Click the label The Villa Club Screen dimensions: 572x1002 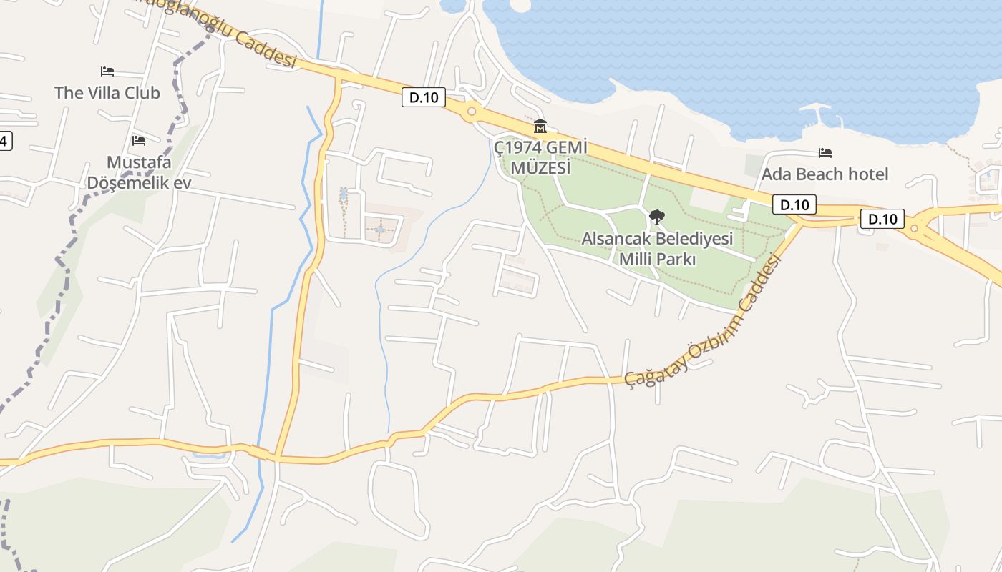(x=107, y=92)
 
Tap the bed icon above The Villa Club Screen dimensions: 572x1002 (x=107, y=71)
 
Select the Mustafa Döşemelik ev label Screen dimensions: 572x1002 (x=139, y=172)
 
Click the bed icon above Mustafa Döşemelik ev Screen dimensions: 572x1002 (x=139, y=140)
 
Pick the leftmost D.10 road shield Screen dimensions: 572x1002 (x=424, y=98)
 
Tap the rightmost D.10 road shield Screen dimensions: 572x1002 (x=882, y=219)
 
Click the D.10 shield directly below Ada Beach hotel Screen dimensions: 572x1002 (x=794, y=205)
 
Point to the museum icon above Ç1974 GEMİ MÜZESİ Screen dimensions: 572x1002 (x=540, y=127)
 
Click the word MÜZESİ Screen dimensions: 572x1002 (x=540, y=168)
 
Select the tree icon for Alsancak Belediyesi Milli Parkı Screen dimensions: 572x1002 (x=656, y=217)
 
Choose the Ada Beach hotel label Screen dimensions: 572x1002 (x=825, y=174)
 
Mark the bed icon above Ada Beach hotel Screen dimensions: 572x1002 (x=825, y=152)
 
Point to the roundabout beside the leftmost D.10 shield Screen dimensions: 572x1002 (x=471, y=111)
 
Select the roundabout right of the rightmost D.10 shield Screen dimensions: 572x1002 (x=914, y=229)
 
